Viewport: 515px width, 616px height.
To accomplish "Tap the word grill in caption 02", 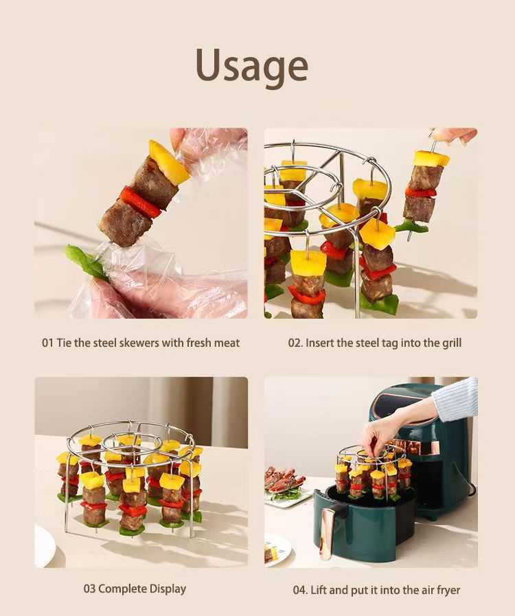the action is pyautogui.click(x=452, y=343).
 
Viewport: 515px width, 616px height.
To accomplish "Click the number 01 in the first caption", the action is pyautogui.click(x=47, y=343).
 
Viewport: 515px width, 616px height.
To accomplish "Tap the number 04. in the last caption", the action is pyautogui.click(x=300, y=590).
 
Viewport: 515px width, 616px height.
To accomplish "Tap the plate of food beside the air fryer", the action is pyautogui.click(x=286, y=486).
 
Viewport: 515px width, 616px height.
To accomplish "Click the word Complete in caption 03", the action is pyautogui.click(x=117, y=589).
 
